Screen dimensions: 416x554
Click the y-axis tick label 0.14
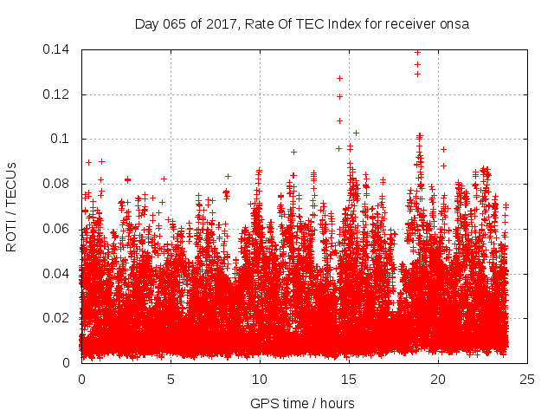tap(58, 49)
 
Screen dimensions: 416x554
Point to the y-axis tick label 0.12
tap(58, 94)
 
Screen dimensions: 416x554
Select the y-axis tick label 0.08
tap(58, 184)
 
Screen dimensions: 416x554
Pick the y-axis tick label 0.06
tap(58, 229)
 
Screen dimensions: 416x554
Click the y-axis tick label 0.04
tap(58, 274)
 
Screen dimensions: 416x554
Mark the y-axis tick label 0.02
tap(58, 318)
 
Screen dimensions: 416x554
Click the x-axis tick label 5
tap(171, 380)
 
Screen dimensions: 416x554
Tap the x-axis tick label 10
tap(260, 380)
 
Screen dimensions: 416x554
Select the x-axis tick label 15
tap(349, 380)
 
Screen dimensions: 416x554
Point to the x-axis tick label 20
tap(438, 380)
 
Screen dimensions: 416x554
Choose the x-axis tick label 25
tap(527, 380)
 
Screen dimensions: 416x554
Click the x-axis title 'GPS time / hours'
tap(302, 403)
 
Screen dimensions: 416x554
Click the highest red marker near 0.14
tap(417, 52)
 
